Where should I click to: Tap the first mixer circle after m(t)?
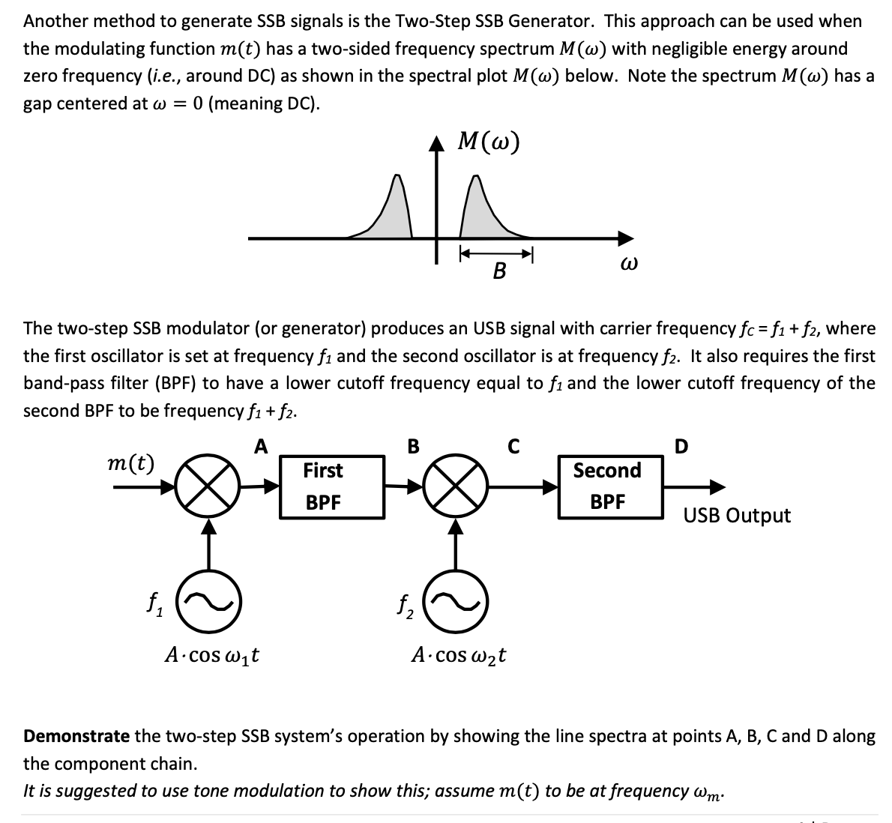point(208,487)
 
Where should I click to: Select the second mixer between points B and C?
point(454,487)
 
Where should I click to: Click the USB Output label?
point(736,516)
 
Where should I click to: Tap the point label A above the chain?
point(260,447)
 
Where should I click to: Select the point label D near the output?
point(681,447)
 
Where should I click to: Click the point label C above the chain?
point(513,447)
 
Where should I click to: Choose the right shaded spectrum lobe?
point(483,217)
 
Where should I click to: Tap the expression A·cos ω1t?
point(212,655)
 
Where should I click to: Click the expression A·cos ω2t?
point(459,655)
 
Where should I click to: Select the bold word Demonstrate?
point(76,736)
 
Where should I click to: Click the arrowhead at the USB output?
point(717,487)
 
